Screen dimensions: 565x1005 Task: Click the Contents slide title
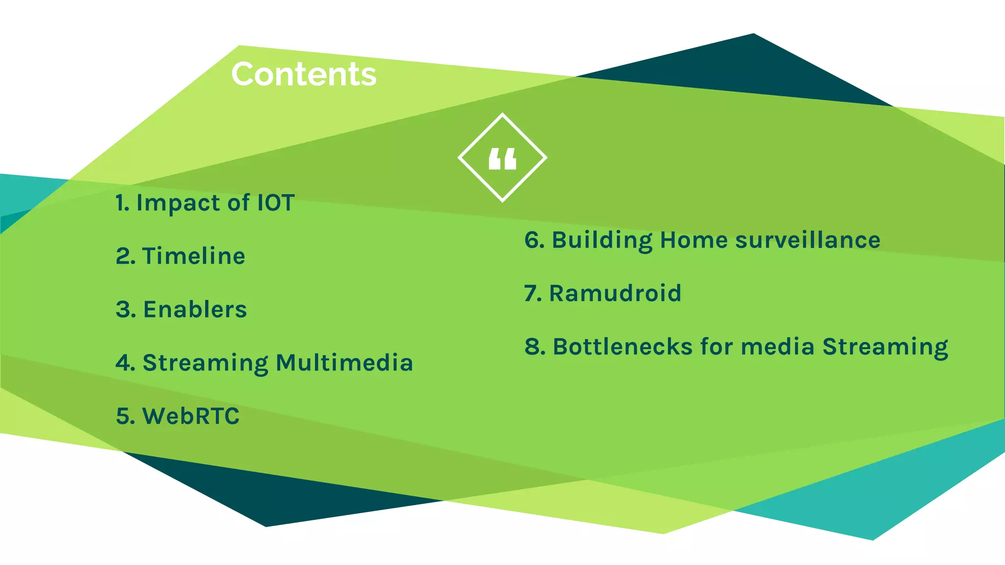[x=304, y=75]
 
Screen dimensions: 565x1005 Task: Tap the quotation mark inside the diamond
[x=502, y=159]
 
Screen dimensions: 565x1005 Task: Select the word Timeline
[x=194, y=256]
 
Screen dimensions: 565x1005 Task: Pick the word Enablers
[x=195, y=309]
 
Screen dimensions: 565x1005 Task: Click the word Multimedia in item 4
[x=344, y=363]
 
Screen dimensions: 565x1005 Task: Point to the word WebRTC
[x=190, y=416]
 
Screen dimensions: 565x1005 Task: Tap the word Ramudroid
[x=615, y=293]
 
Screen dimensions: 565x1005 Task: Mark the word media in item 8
[x=778, y=347]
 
